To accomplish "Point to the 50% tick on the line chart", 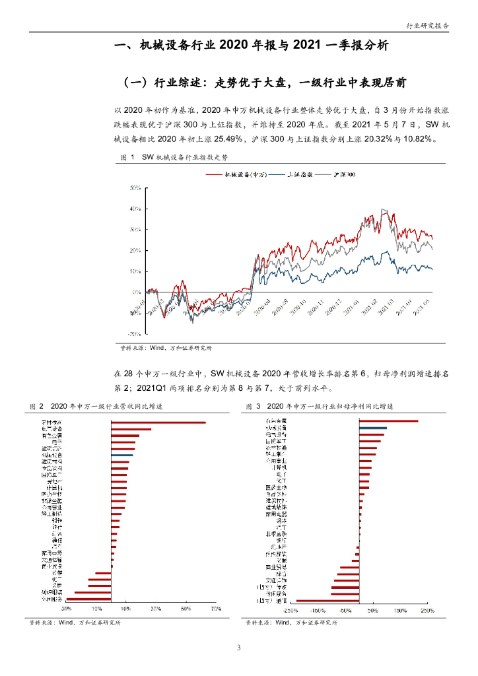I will click(x=136, y=188).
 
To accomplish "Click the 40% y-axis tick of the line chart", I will click(x=136, y=209).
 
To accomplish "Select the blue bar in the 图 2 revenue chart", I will click(x=122, y=456).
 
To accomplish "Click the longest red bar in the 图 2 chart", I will click(x=158, y=422).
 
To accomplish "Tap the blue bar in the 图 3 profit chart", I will click(x=373, y=428).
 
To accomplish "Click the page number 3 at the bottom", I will click(x=239, y=648).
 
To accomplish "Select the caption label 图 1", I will click(x=127, y=157).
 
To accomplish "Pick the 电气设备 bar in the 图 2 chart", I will click(x=131, y=430).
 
